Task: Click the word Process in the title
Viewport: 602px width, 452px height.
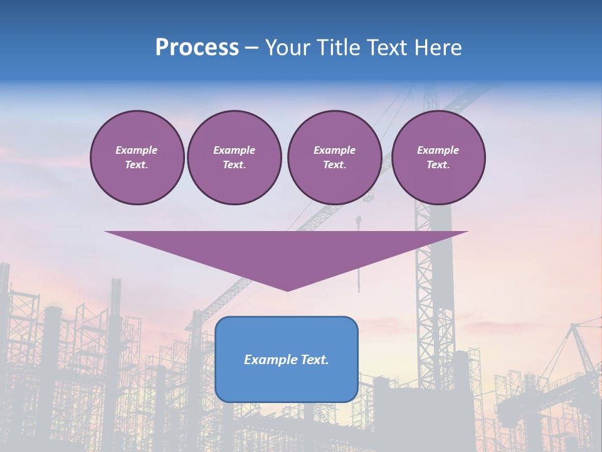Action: pos(197,48)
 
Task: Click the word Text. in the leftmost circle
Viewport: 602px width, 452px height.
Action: pos(137,165)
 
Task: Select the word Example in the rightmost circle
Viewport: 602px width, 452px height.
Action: pos(438,150)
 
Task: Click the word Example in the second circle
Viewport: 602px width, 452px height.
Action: pos(234,150)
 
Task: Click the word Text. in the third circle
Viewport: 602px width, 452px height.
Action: pos(334,165)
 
